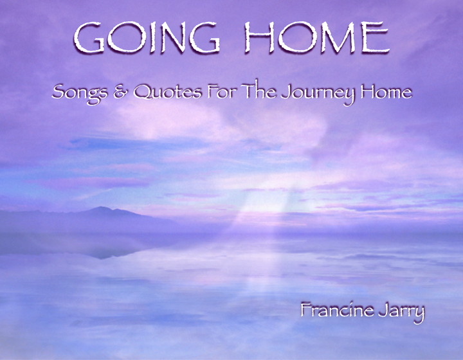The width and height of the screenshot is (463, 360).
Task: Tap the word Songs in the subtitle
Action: click(75, 93)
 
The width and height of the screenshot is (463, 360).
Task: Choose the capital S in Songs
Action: click(58, 93)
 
